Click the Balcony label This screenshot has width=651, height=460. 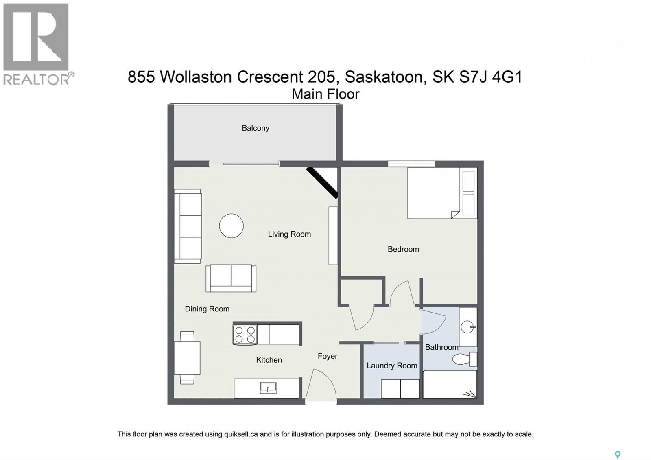pos(256,128)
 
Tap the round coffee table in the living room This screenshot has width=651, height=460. pos(231,226)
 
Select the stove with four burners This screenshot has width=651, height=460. pos(245,335)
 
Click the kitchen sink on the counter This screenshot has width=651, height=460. pos(268,388)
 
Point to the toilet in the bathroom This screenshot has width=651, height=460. pos(463,359)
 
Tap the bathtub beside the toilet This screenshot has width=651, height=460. pos(450,384)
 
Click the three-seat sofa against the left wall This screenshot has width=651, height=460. pos(188,226)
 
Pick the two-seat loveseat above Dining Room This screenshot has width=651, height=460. pos(231,278)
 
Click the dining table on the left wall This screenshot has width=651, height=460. pos(187,357)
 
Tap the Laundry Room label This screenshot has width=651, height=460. pos(392,366)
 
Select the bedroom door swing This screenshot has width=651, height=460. pos(401,293)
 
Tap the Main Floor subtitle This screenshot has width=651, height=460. pos(325,94)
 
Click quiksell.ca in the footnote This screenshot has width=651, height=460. pos(241,434)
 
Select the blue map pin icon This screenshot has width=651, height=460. pos(617,455)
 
